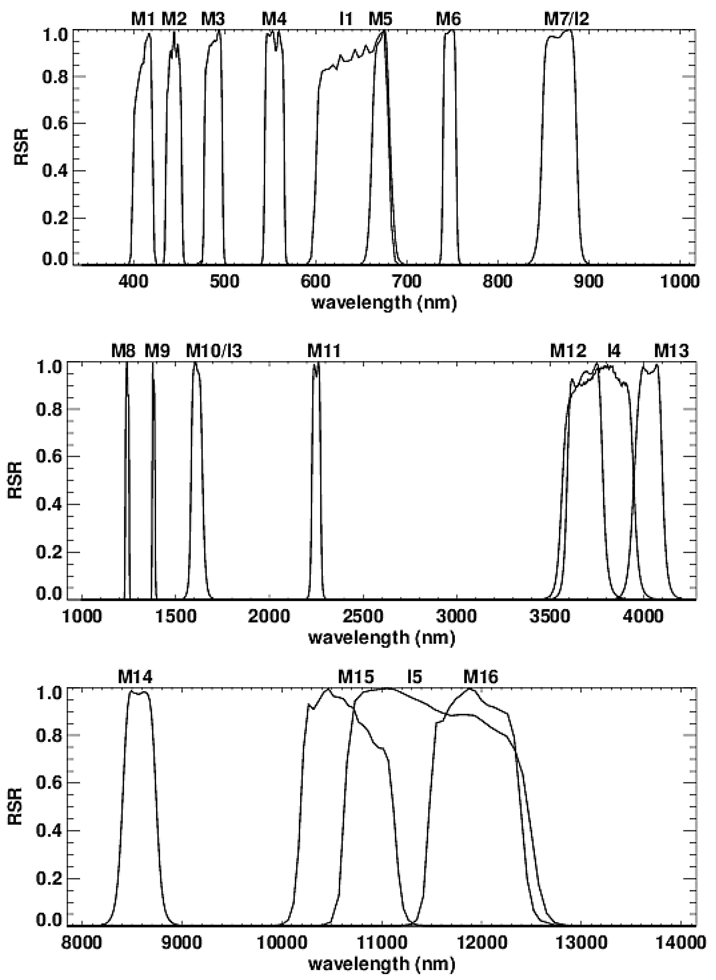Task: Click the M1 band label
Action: (143, 19)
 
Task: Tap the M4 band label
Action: (274, 19)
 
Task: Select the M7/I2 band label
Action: (567, 19)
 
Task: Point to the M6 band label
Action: (449, 19)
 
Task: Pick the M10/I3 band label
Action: (214, 351)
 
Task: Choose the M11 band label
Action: (324, 351)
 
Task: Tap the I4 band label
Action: (614, 351)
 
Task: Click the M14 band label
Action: (135, 676)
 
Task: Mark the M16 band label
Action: (481, 676)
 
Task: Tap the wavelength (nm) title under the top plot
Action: (384, 302)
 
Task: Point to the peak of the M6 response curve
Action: (453, 30)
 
